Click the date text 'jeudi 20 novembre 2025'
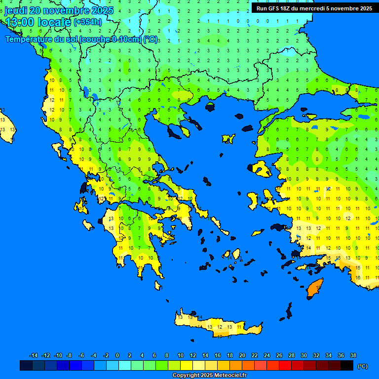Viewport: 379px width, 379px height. tap(59, 10)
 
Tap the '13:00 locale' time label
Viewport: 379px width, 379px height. tap(38, 22)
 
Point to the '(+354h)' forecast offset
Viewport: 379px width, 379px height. tap(88, 22)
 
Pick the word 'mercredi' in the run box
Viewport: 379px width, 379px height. tap(309, 8)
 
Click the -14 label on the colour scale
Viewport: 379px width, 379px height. tap(34, 355)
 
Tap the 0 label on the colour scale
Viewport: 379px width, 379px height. tap(117, 355)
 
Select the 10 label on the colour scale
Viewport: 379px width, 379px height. tap(180, 355)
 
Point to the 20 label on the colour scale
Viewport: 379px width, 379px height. tap(242, 355)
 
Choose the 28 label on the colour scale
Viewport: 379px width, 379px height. tap(291, 355)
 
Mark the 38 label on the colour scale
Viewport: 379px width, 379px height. tap(353, 355)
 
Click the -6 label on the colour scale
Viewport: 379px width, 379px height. tap(81, 355)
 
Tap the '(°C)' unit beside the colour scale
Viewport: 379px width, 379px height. tap(363, 366)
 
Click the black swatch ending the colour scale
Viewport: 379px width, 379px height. tap(347, 366)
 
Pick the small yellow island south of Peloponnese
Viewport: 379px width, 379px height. tap(158, 285)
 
